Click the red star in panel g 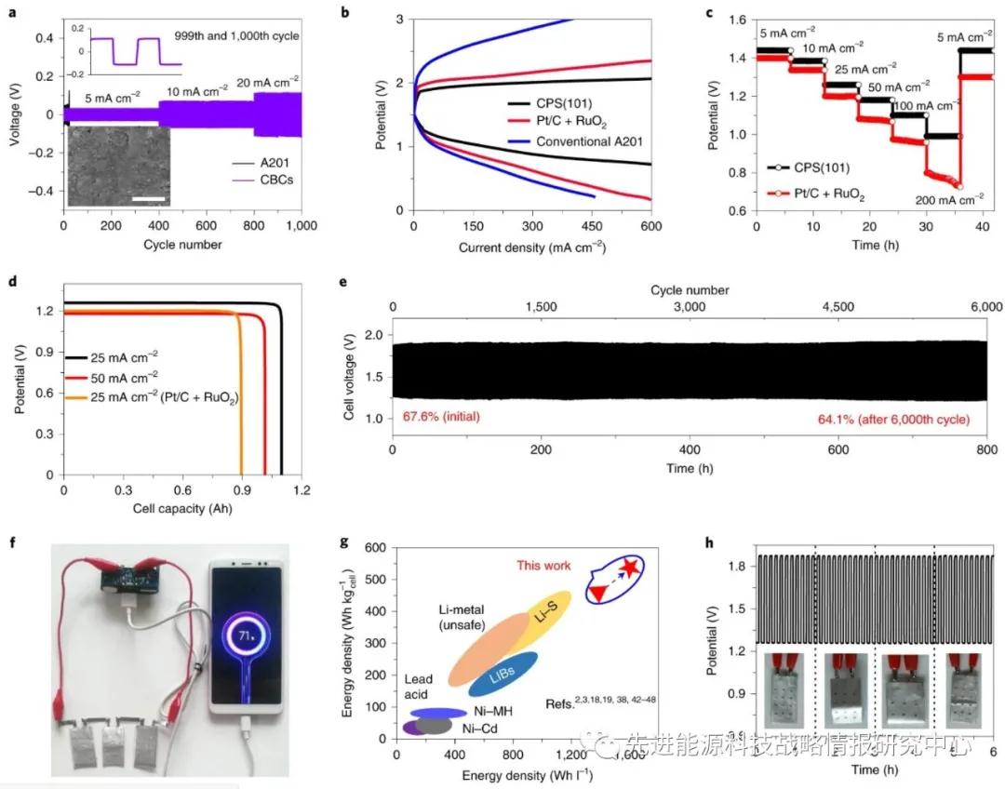[x=632, y=568]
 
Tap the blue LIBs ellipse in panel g [x=503, y=675]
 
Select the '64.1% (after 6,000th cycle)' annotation [x=891, y=421]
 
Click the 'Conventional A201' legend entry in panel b [x=587, y=141]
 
